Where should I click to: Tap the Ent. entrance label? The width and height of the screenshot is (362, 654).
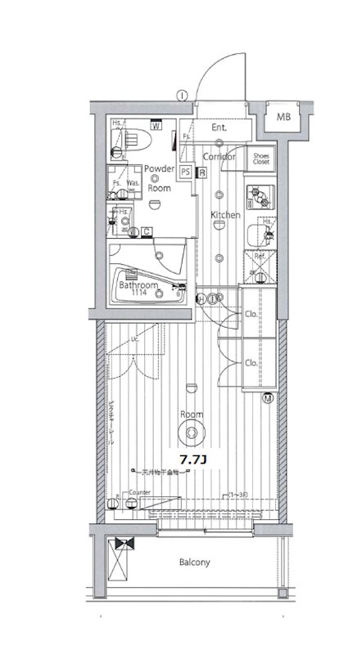pos(219,128)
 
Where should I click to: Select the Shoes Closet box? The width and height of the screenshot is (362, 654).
pos(261,158)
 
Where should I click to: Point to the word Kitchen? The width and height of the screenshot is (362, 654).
pos(225,215)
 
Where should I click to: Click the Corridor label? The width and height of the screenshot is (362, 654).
pos(219,155)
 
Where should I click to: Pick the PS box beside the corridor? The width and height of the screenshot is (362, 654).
pos(186,172)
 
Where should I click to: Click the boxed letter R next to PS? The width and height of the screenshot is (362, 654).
pos(201,172)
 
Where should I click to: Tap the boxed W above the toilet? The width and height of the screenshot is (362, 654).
pos(154,125)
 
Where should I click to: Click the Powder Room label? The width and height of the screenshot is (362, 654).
pos(159,178)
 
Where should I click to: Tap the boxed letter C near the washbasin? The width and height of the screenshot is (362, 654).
pos(146,232)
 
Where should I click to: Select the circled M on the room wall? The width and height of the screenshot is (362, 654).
pos(268,398)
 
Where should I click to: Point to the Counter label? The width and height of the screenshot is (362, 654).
pos(139,494)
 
